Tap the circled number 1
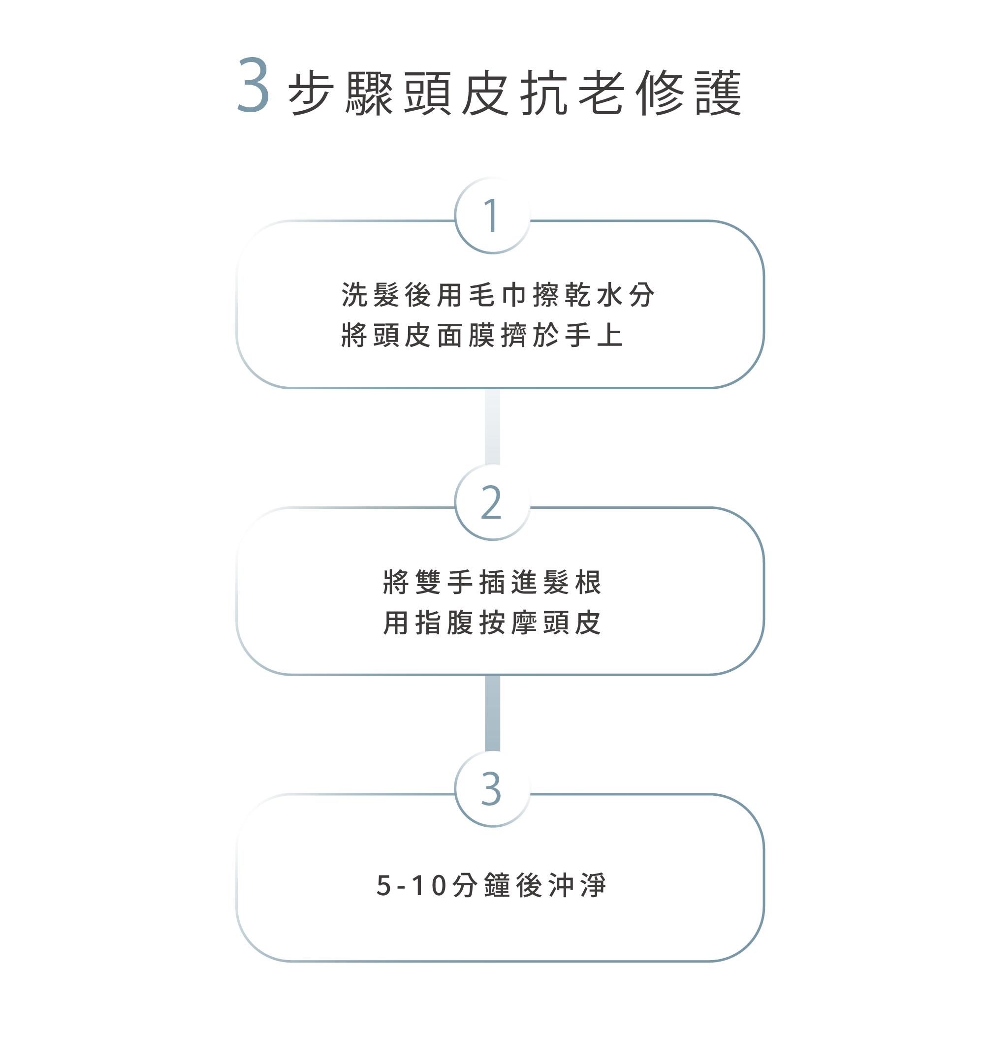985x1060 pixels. pyautogui.click(x=492, y=216)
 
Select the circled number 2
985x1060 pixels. pyautogui.click(x=492, y=502)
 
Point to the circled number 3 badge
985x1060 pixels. pyautogui.click(x=492, y=789)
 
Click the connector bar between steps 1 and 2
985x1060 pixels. pyautogui.click(x=492, y=426)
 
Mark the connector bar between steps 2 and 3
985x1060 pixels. pyautogui.click(x=492, y=713)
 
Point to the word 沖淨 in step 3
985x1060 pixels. pyautogui.click(x=577, y=886)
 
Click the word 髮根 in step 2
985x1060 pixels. pyautogui.click(x=572, y=582)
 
